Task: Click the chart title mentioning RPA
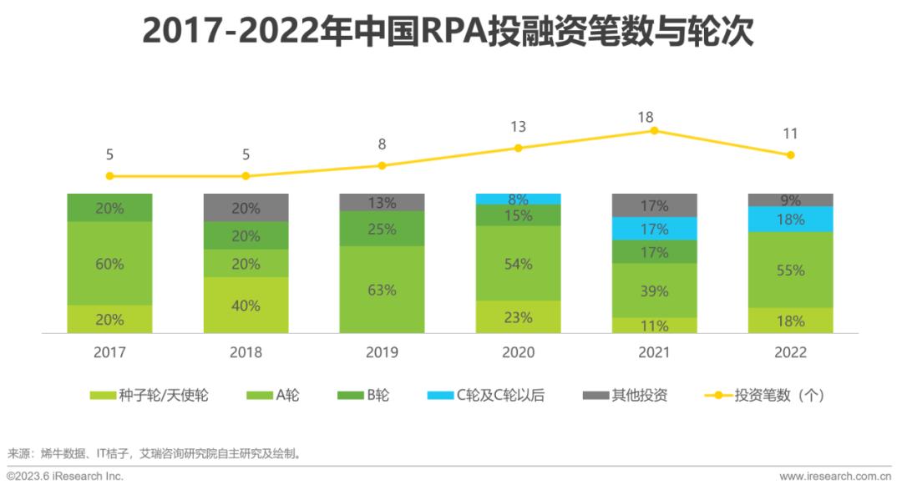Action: pyautogui.click(x=448, y=31)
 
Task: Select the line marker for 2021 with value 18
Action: pyautogui.click(x=654, y=130)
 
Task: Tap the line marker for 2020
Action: pyautogui.click(x=518, y=148)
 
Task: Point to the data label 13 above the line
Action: pyautogui.click(x=518, y=127)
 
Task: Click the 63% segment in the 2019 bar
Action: pyautogui.click(x=382, y=290)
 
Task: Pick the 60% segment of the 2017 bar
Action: pyautogui.click(x=109, y=264)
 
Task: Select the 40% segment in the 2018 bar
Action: pyautogui.click(x=246, y=306)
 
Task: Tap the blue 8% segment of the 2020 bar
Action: pyautogui.click(x=518, y=200)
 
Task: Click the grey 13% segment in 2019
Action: pyautogui.click(x=382, y=202)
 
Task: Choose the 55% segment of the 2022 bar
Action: pyautogui.click(x=790, y=270)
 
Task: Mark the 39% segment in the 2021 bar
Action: pyautogui.click(x=654, y=290)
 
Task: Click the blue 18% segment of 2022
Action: pyautogui.click(x=790, y=220)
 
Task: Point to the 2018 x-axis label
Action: pyautogui.click(x=246, y=352)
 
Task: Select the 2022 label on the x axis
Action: pyautogui.click(x=790, y=352)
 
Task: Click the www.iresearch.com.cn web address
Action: pyautogui.click(x=835, y=477)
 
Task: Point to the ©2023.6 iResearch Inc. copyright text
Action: pyautogui.click(x=65, y=477)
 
